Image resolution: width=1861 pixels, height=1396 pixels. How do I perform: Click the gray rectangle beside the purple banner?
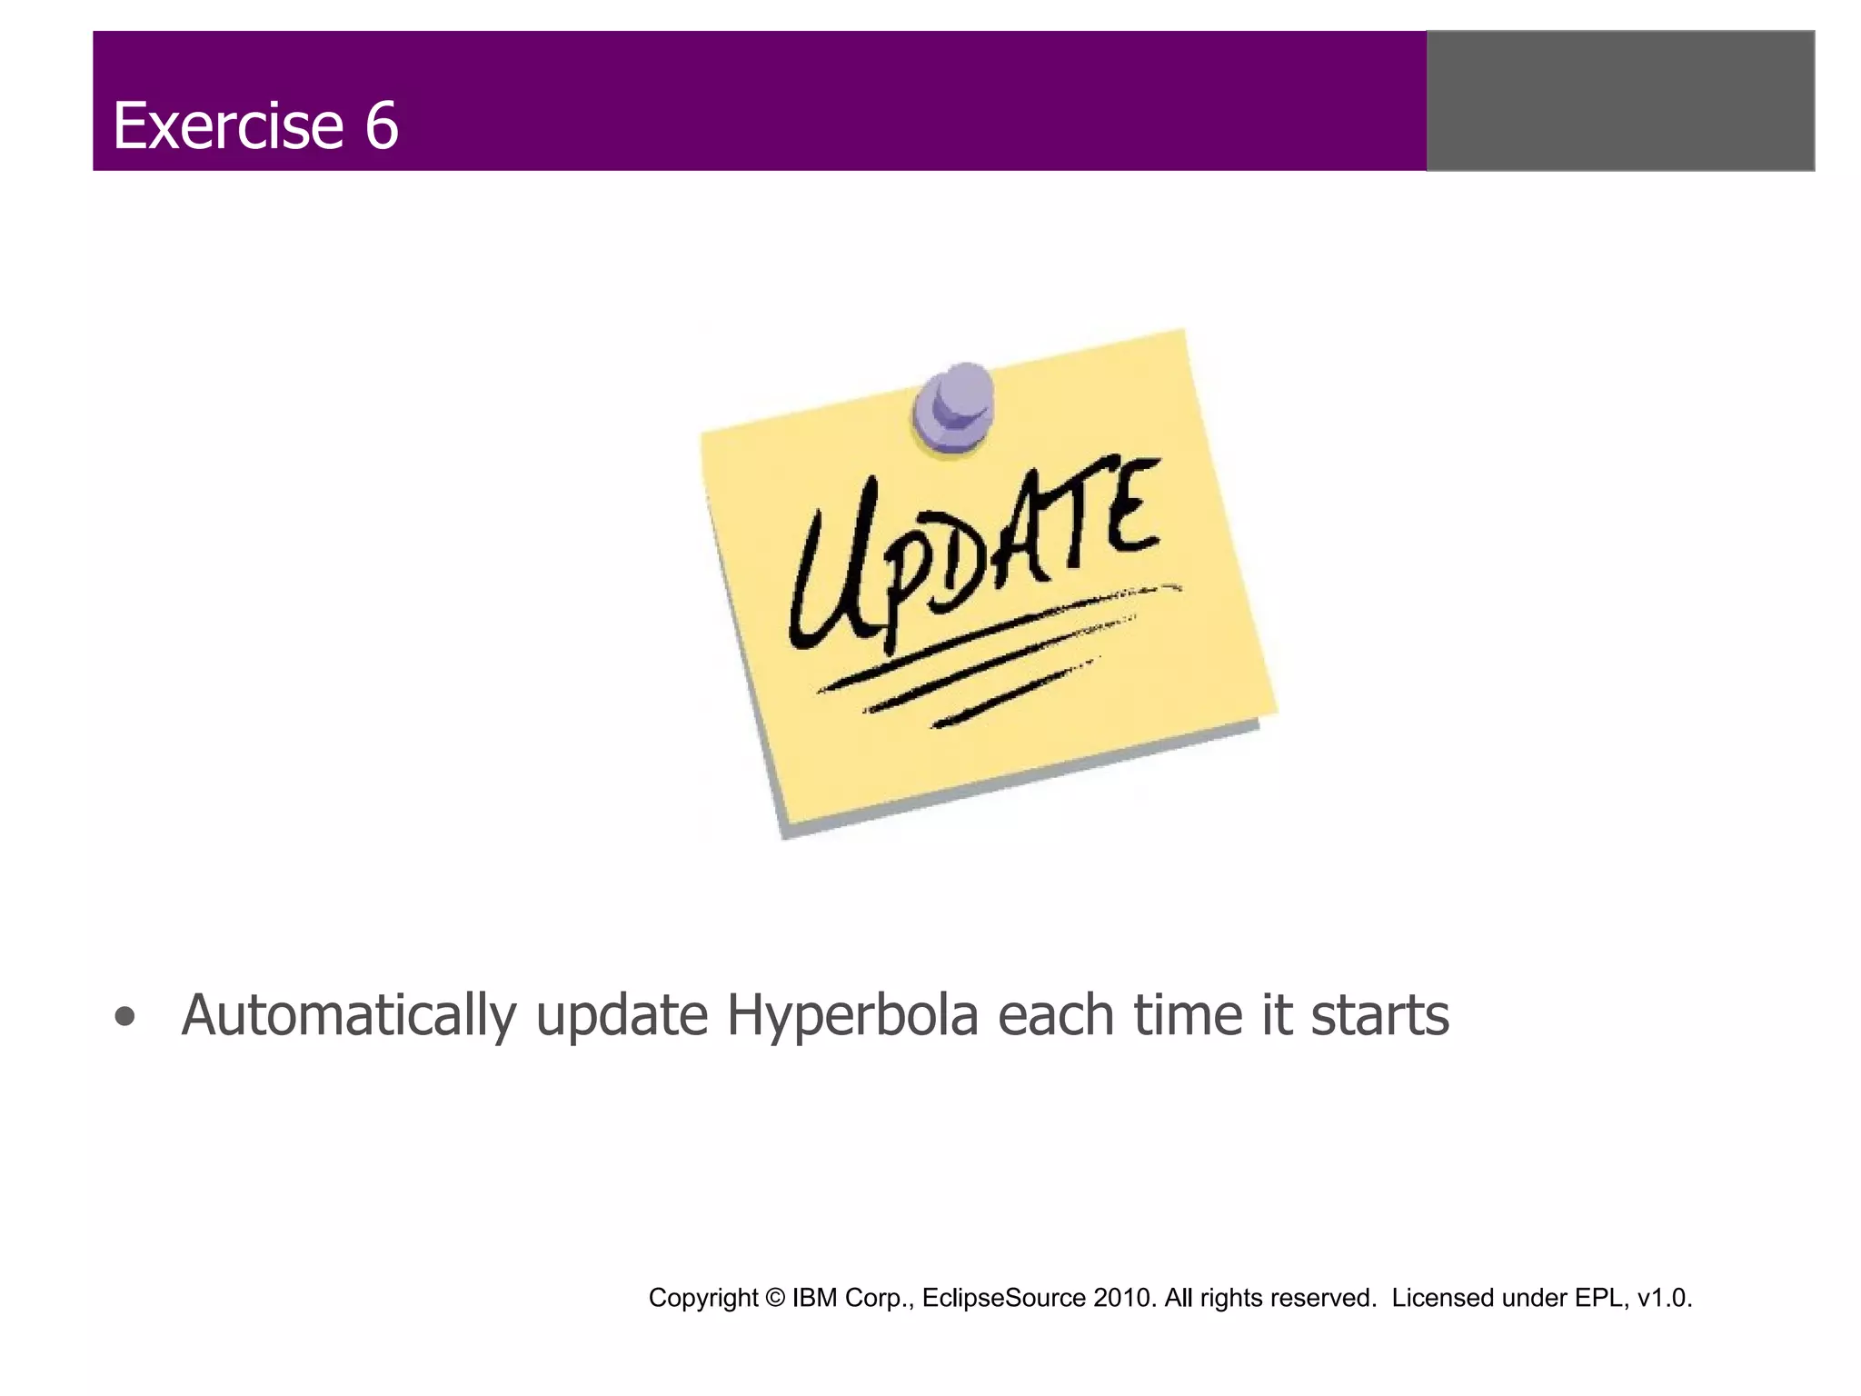pyautogui.click(x=1620, y=101)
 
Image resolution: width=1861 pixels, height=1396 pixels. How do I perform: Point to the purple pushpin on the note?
pyautogui.click(x=955, y=406)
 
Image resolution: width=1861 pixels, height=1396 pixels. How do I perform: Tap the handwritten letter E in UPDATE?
pyautogui.click(x=1133, y=507)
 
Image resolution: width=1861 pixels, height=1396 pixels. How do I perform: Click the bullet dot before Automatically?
pyautogui.click(x=126, y=1018)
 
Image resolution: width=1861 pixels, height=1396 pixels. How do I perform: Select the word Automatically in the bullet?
pyautogui.click(x=349, y=1016)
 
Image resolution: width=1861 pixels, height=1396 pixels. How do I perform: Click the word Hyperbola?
pyautogui.click(x=852, y=1016)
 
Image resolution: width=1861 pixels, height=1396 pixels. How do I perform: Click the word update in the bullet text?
pyautogui.click(x=622, y=1016)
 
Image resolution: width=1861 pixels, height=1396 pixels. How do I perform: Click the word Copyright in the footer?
pyautogui.click(x=702, y=1298)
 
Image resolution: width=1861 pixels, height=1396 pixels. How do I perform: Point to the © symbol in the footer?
pyautogui.click(x=774, y=1298)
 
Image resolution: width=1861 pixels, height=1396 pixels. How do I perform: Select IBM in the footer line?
pyautogui.click(x=814, y=1298)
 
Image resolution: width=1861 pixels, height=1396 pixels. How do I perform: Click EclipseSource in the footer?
pyautogui.click(x=1003, y=1298)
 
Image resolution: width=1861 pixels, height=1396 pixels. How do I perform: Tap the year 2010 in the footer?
pyautogui.click(x=1124, y=1298)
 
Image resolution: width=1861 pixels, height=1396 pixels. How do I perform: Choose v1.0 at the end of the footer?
pyautogui.click(x=1664, y=1298)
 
